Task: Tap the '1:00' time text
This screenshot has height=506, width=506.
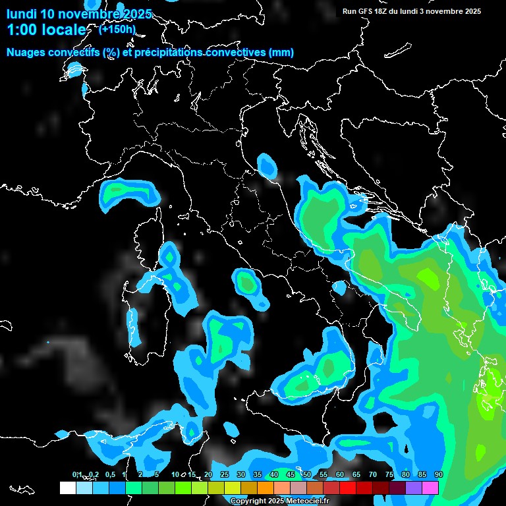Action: tap(20, 30)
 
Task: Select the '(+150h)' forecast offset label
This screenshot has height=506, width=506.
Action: tap(117, 29)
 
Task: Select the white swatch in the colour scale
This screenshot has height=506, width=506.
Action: tap(68, 488)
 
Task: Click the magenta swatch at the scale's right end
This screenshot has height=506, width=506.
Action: tap(430, 488)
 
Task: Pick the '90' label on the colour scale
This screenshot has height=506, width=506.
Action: tap(438, 474)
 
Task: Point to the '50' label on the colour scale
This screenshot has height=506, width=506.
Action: tap(306, 474)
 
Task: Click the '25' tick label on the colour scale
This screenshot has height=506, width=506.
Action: tap(224, 474)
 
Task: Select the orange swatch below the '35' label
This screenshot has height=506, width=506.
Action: tap(266, 488)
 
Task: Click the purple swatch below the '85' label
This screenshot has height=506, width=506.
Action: tap(414, 488)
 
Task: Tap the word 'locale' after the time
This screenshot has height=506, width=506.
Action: tap(66, 30)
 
